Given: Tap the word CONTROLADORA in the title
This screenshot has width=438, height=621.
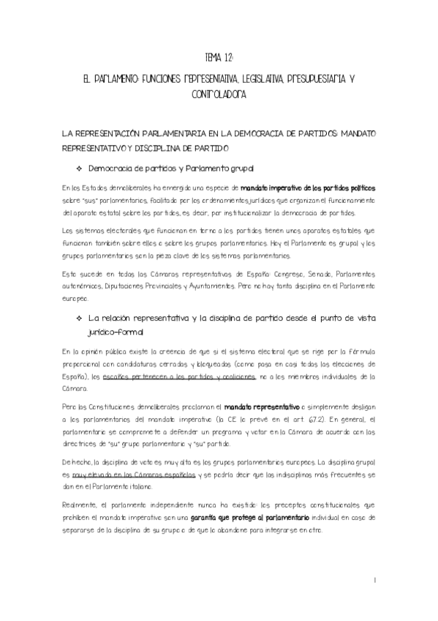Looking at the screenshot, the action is [219, 95].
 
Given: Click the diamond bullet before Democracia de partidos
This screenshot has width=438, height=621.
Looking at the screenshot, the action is [80, 168].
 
